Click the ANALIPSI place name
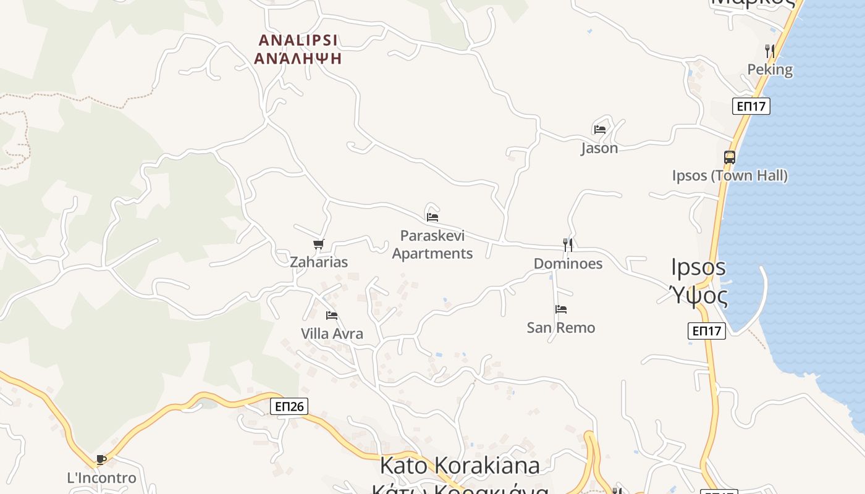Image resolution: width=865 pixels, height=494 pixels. [298, 41]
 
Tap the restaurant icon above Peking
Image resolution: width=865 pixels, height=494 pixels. [769, 51]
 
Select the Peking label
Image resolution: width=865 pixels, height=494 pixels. [770, 69]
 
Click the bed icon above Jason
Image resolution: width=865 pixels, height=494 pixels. [599, 130]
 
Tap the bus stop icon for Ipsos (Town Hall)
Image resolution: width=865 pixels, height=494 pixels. [730, 157]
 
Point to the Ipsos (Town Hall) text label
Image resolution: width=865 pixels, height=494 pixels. [730, 175]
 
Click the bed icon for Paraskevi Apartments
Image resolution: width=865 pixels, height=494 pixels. [432, 217]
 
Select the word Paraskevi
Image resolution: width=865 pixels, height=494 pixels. [432, 236]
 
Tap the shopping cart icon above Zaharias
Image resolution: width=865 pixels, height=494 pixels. [319, 245]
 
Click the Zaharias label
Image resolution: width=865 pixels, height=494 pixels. [319, 262]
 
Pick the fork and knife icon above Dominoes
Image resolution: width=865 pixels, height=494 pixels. [568, 245]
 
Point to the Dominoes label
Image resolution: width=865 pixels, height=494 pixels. [568, 264]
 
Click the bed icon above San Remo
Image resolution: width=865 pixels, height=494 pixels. [561, 309]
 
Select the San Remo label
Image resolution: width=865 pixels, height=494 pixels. [561, 327]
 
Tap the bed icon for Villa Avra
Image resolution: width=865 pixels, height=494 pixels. [332, 316]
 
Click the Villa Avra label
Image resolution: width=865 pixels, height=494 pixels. [332, 334]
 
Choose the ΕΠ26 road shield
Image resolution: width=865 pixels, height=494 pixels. [289, 406]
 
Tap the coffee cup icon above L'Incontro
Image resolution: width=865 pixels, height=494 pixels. [101, 460]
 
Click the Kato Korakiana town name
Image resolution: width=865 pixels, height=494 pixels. [460, 465]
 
